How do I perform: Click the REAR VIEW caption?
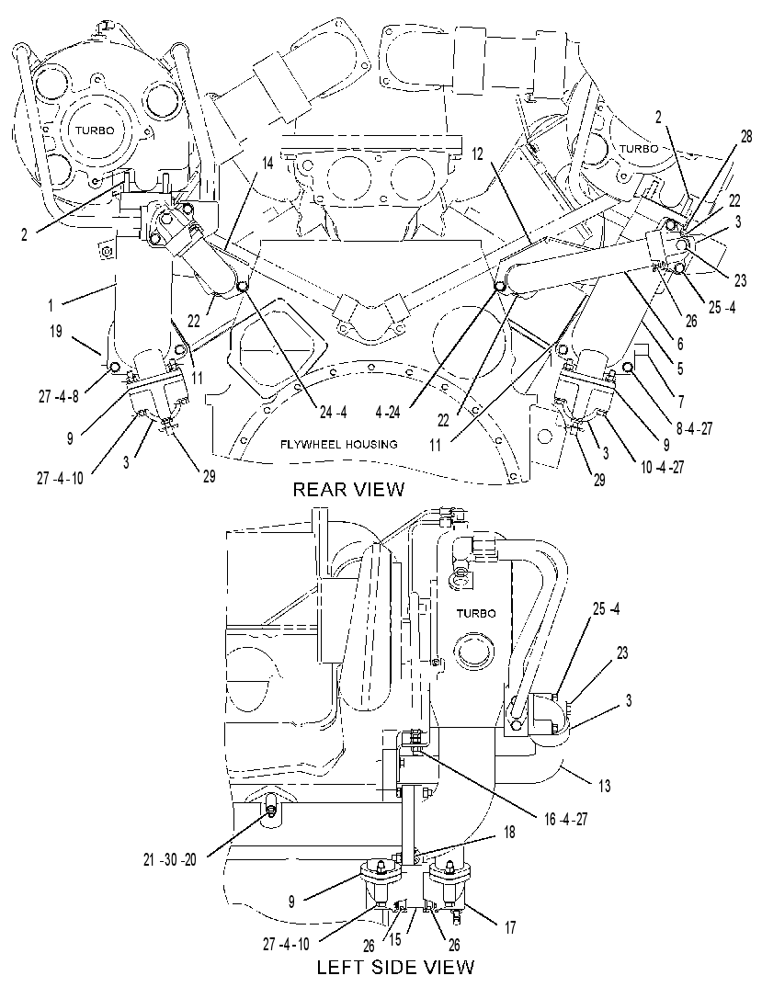click(x=348, y=489)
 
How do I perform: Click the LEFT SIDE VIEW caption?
click(x=395, y=967)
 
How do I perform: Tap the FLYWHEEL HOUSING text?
click(x=339, y=445)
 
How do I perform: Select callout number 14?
click(x=267, y=164)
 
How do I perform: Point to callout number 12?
click(x=477, y=153)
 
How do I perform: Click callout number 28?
click(x=746, y=137)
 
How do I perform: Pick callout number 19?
click(x=56, y=331)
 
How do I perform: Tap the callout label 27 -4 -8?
click(x=58, y=397)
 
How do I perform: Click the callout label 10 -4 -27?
click(x=662, y=467)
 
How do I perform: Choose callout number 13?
click(x=605, y=786)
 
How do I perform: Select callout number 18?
click(x=509, y=833)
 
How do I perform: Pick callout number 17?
click(x=510, y=927)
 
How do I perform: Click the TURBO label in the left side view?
click(x=476, y=614)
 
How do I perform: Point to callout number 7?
click(x=680, y=401)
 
